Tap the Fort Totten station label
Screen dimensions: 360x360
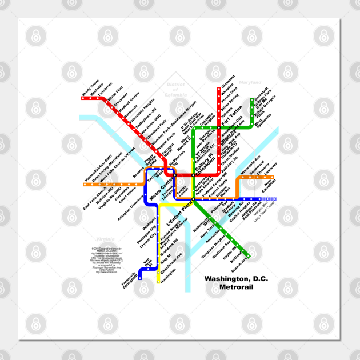pyautogui.click(x=232, y=114)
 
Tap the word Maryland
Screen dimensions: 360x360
pyautogui.click(x=249, y=83)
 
